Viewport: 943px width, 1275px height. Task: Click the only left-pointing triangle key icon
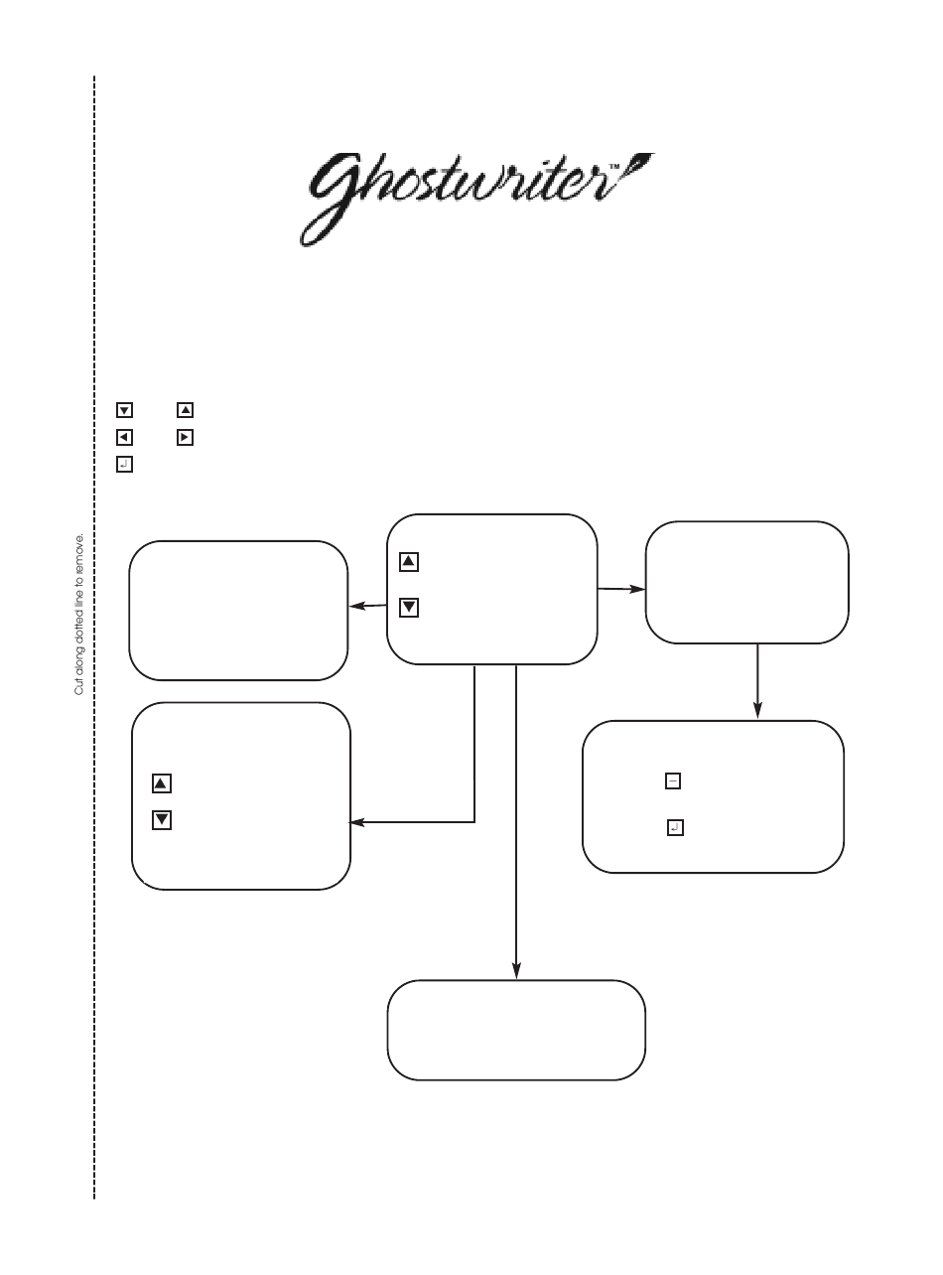coord(124,436)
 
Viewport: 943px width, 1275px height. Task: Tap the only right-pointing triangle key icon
coord(184,436)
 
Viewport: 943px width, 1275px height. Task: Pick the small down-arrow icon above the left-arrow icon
coord(124,409)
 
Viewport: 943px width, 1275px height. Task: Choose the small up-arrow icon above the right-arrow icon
coord(184,409)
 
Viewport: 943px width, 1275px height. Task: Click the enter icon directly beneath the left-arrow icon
coord(124,464)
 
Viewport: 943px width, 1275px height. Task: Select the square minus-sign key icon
coord(673,781)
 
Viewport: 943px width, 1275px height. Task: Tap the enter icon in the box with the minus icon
coord(674,826)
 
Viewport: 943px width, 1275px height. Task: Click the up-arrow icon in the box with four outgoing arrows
coord(409,562)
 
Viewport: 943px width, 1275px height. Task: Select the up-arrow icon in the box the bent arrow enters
coord(162,783)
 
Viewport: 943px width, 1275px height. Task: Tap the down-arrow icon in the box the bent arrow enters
coord(162,820)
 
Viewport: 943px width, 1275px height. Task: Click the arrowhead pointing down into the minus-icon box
coord(757,712)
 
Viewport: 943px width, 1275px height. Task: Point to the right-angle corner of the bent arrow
coord(474,821)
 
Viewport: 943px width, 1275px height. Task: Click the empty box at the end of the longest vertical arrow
coord(516,1030)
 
